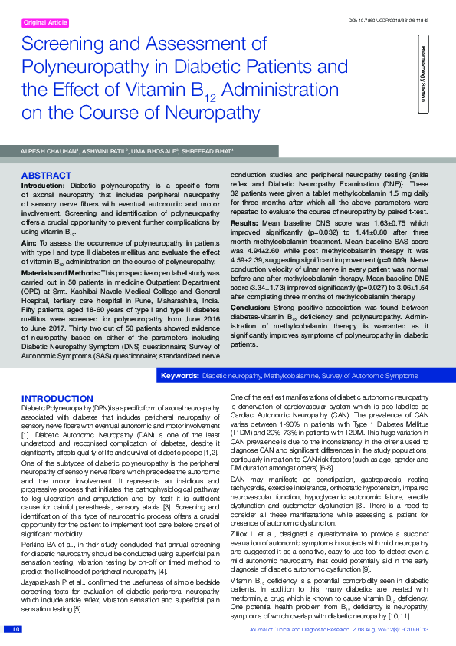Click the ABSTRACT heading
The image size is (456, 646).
point(46,176)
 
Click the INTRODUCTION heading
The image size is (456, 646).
point(57,399)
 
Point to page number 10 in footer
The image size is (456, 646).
point(15,630)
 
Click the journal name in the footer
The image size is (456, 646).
point(306,630)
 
